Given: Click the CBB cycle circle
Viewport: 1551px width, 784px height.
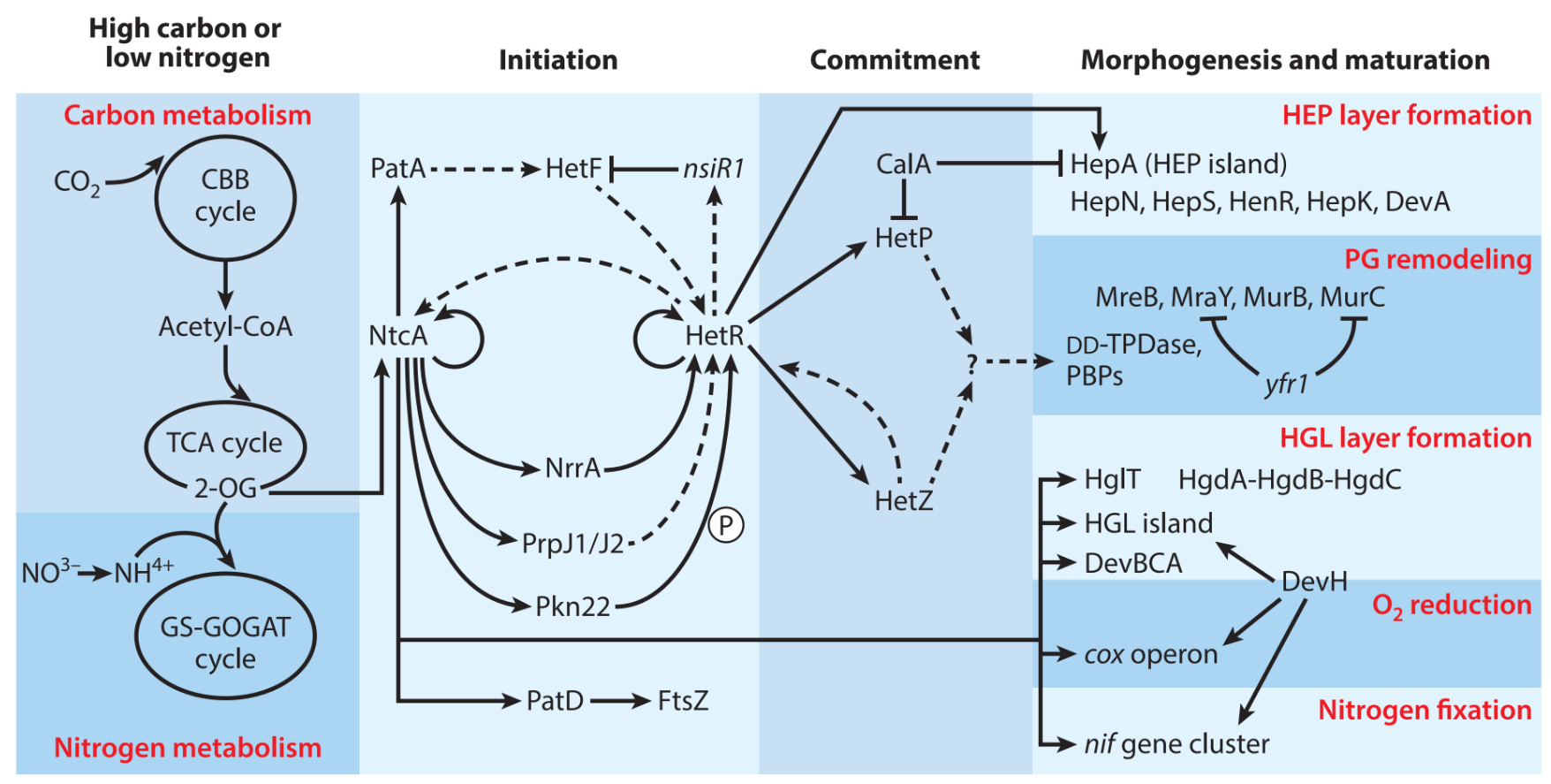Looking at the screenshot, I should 225,196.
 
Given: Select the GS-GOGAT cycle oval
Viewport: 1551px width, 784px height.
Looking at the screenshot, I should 225,643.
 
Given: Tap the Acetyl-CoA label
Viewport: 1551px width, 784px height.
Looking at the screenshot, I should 225,327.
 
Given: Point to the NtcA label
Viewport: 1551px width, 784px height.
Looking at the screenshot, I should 398,336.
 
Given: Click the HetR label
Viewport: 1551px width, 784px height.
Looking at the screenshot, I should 715,336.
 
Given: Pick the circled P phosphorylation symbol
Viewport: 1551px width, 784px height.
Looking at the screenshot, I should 726,526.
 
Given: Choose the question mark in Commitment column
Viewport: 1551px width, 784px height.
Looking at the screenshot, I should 972,362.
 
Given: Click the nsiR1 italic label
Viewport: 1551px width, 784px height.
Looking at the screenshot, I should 714,168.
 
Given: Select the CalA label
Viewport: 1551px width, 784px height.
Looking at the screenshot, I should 903,164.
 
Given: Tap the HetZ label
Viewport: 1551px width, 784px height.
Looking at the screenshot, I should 904,501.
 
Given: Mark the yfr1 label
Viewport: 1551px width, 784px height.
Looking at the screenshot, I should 1286,384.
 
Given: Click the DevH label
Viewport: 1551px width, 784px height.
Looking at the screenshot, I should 1314,582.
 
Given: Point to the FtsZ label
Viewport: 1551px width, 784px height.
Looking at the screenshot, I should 683,701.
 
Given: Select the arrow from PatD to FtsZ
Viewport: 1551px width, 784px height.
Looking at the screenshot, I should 620,702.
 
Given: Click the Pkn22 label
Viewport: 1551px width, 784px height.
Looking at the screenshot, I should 572,606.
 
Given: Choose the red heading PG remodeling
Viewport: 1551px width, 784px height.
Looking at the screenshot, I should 1437,259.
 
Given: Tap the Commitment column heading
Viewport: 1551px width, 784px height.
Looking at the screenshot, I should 895,60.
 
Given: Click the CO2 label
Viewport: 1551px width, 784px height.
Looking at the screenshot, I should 77,182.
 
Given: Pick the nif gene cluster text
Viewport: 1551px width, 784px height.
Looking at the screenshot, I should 1176,744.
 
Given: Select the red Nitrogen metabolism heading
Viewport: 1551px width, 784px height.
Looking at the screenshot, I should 187,748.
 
